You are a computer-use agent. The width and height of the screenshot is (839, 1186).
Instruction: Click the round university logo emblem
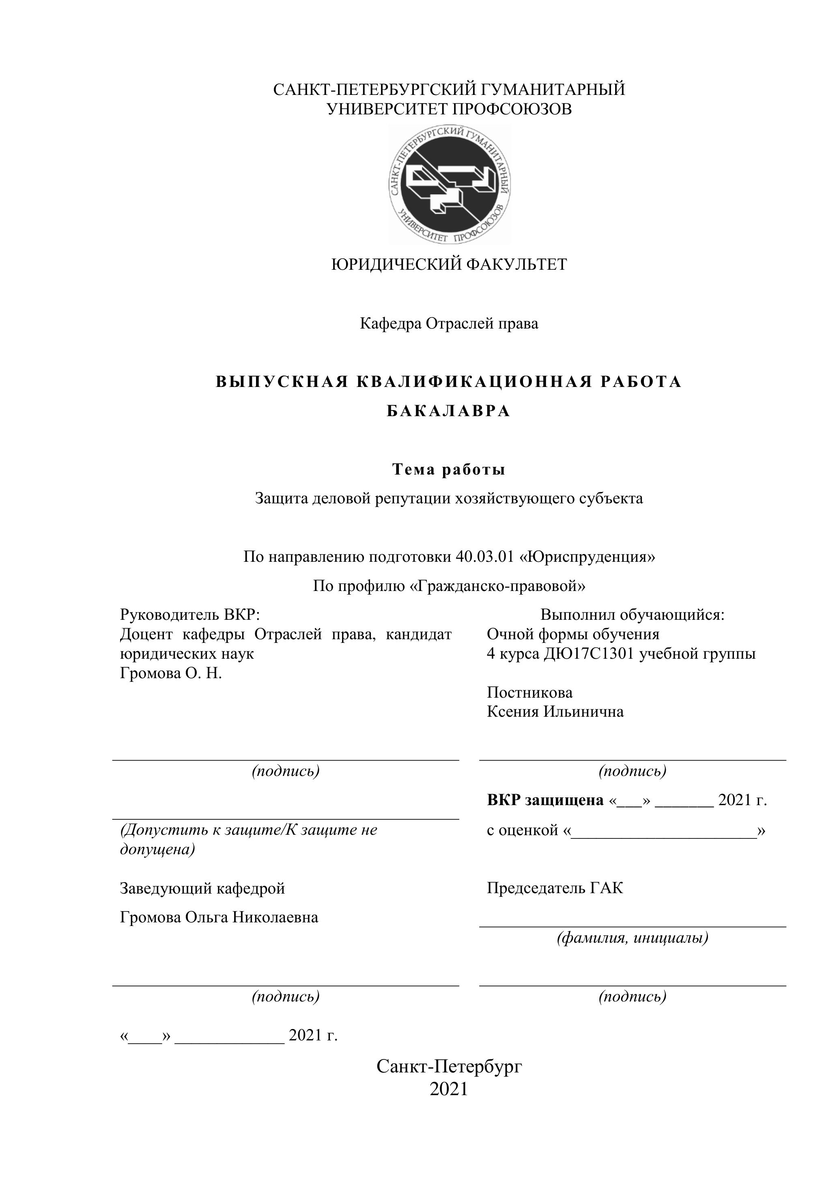pyautogui.click(x=450, y=185)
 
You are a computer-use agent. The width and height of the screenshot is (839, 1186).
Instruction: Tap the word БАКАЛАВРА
pyautogui.click(x=448, y=411)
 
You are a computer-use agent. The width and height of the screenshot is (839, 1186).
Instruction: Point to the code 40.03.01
pyautogui.click(x=485, y=557)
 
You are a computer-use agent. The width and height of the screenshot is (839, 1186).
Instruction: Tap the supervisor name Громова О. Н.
pyautogui.click(x=170, y=674)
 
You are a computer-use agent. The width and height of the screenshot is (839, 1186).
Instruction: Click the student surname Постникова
pyautogui.click(x=529, y=693)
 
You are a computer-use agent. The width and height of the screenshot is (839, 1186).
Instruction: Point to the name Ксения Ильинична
pyautogui.click(x=555, y=712)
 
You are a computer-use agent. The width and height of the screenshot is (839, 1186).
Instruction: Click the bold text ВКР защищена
pyautogui.click(x=545, y=800)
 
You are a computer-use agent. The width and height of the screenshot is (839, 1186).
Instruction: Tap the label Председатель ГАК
pyautogui.click(x=555, y=888)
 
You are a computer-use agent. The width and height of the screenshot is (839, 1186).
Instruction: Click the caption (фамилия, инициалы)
pyautogui.click(x=632, y=937)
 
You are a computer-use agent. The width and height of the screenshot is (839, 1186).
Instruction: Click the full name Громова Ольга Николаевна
pyautogui.click(x=219, y=917)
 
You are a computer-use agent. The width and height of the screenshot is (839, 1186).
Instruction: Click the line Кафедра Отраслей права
pyautogui.click(x=448, y=324)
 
